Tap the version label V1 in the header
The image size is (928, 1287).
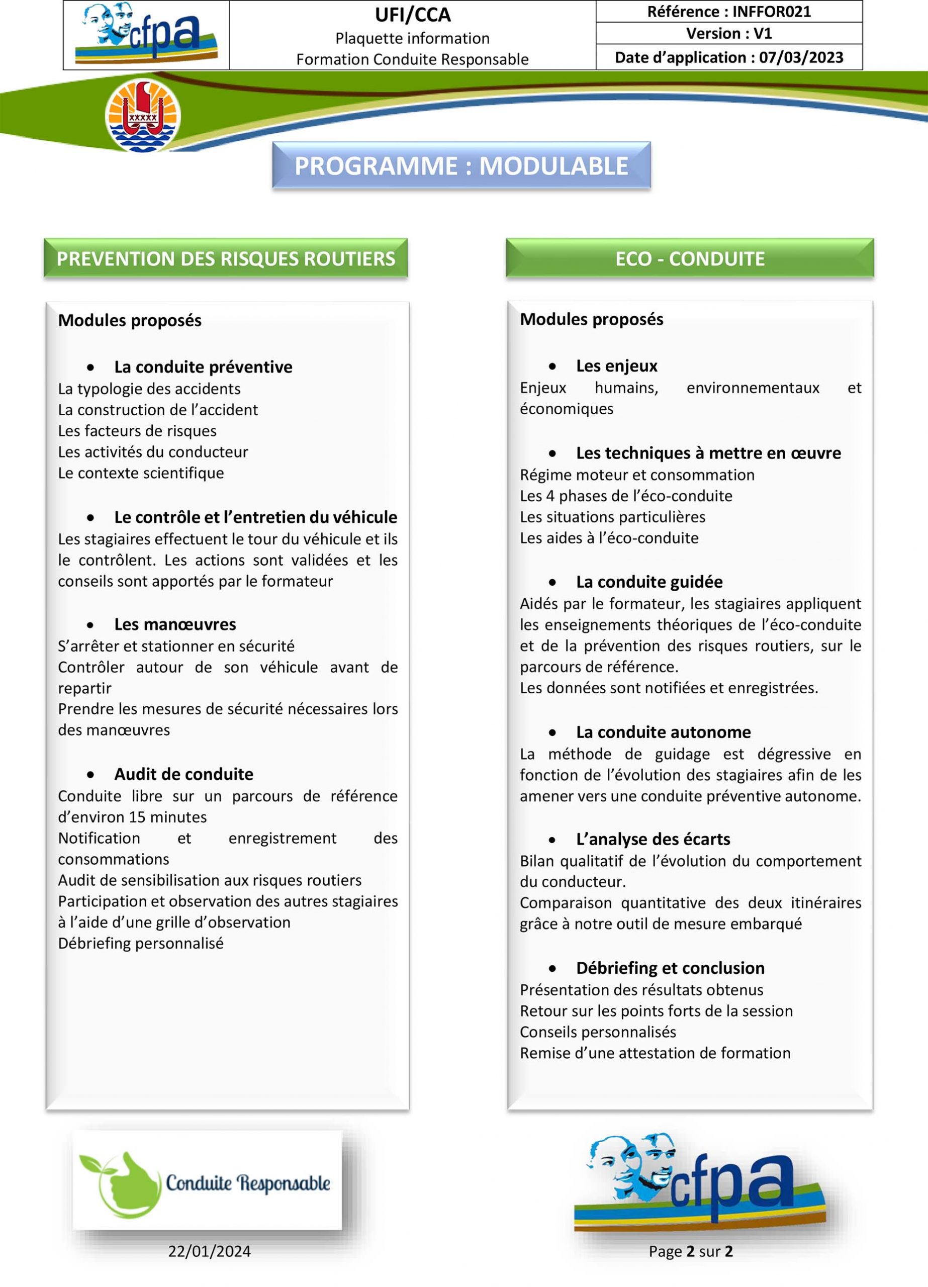pyautogui.click(x=763, y=34)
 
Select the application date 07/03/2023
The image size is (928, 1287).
pyautogui.click(x=801, y=58)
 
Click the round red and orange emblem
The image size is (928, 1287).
pyautogui.click(x=143, y=116)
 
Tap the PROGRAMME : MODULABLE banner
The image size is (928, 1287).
pyautogui.click(x=461, y=166)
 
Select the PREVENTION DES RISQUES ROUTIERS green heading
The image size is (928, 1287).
pyautogui.click(x=226, y=259)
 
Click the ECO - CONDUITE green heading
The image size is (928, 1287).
pyautogui.click(x=690, y=259)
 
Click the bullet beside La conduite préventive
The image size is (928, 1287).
pyautogui.click(x=91, y=367)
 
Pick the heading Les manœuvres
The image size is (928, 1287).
pyautogui.click(x=175, y=625)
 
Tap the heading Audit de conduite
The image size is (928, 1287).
pyautogui.click(x=183, y=775)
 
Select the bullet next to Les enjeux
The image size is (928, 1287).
pyautogui.click(x=552, y=366)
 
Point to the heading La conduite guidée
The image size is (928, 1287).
pyautogui.click(x=649, y=582)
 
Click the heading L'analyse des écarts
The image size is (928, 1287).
pyautogui.click(x=653, y=839)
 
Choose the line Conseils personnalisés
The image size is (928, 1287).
pyautogui.click(x=598, y=1032)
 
